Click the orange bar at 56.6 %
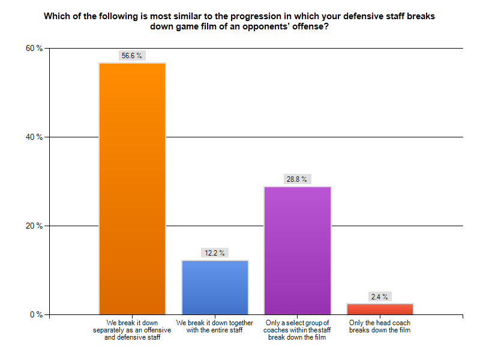pos(132,188)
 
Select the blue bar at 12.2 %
pos(214,287)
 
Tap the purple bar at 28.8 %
pos(297,250)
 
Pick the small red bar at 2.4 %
pos(380,309)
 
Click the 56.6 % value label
pos(132,55)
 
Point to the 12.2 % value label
pos(214,253)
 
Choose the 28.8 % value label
pos(297,179)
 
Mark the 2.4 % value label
pos(380,296)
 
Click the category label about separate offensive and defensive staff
pos(132,329)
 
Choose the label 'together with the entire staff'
pos(214,326)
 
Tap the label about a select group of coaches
pos(297,329)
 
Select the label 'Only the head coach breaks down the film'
pos(380,326)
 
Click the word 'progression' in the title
pos(254,16)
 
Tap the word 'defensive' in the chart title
pos(362,16)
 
